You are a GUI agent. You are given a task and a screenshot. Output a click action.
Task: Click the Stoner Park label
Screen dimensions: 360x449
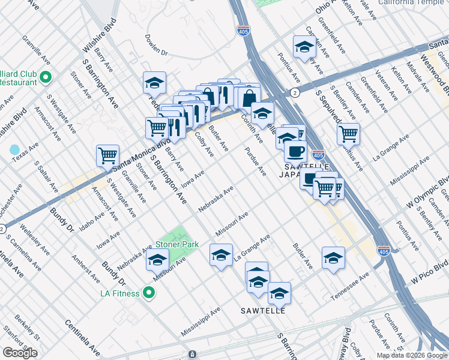177,244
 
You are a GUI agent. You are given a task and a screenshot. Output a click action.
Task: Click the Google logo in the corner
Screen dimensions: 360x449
20,353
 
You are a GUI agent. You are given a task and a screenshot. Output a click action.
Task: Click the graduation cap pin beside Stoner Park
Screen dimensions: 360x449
157,260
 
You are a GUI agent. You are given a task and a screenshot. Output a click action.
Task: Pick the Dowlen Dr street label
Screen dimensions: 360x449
156,45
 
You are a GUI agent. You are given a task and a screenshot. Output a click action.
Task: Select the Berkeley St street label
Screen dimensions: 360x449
28,330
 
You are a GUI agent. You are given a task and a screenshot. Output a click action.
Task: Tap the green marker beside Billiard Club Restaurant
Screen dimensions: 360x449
46,77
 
